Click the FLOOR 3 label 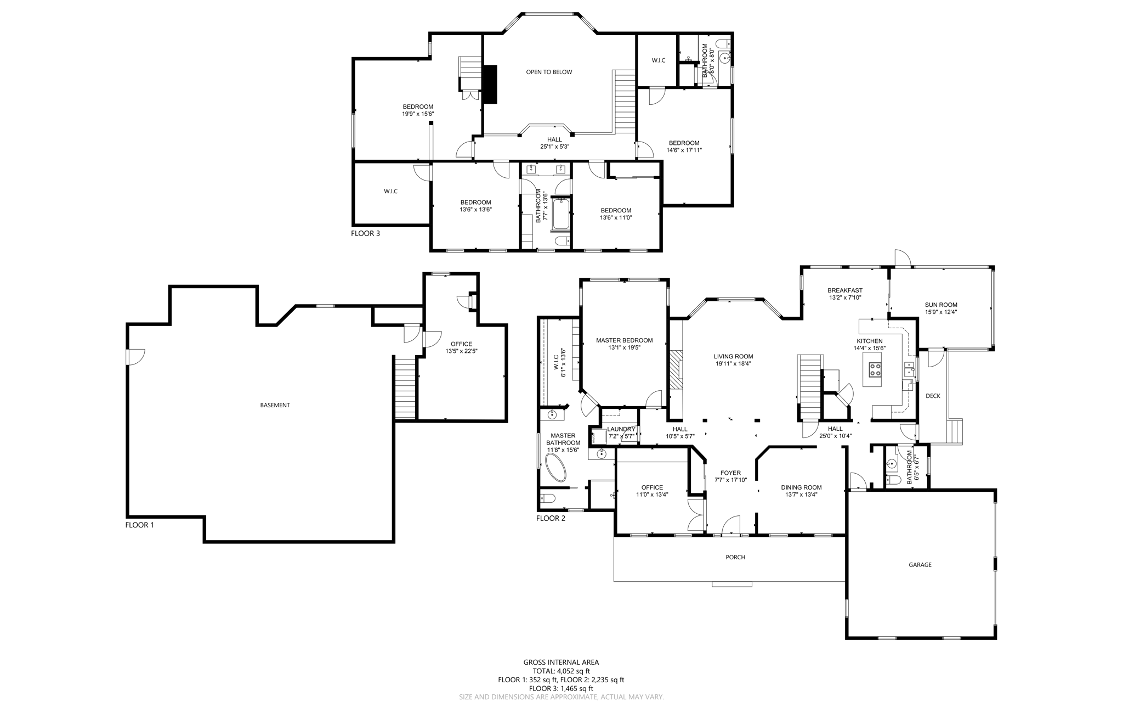[365, 233]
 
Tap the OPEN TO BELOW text [549, 72]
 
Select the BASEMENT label [275, 405]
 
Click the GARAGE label [920, 565]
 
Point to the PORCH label [735, 557]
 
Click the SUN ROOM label [941, 305]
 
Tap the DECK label [933, 396]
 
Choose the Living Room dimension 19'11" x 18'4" [733, 363]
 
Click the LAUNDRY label [621, 429]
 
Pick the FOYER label [730, 473]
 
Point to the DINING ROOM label [801, 487]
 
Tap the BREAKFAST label [845, 290]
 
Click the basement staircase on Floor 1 [405, 387]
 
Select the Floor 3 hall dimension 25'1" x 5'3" [555, 147]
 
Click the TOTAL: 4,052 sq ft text [561, 671]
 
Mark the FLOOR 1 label [140, 525]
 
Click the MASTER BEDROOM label [624, 340]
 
